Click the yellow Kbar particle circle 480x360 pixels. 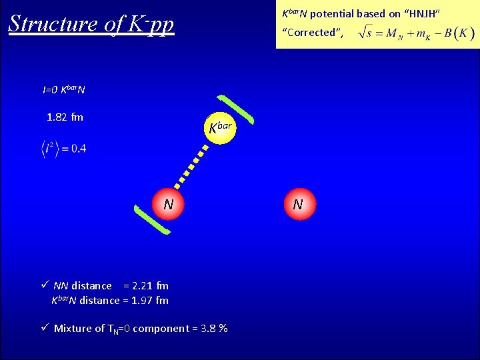tap(221, 127)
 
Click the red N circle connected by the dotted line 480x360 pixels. tap(168, 204)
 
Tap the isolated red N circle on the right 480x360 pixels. tap(298, 204)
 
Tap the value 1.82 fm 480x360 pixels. tap(65, 117)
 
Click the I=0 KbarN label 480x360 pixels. tap(64, 89)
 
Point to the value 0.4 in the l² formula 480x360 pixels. tap(78, 148)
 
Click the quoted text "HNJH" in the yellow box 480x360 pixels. tap(420, 13)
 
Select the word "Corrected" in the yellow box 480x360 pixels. tap(311, 32)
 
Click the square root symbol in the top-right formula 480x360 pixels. tap(363, 31)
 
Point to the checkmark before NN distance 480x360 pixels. tap(45, 285)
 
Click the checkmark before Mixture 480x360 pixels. tap(45, 328)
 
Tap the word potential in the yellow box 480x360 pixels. tap(333, 13)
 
